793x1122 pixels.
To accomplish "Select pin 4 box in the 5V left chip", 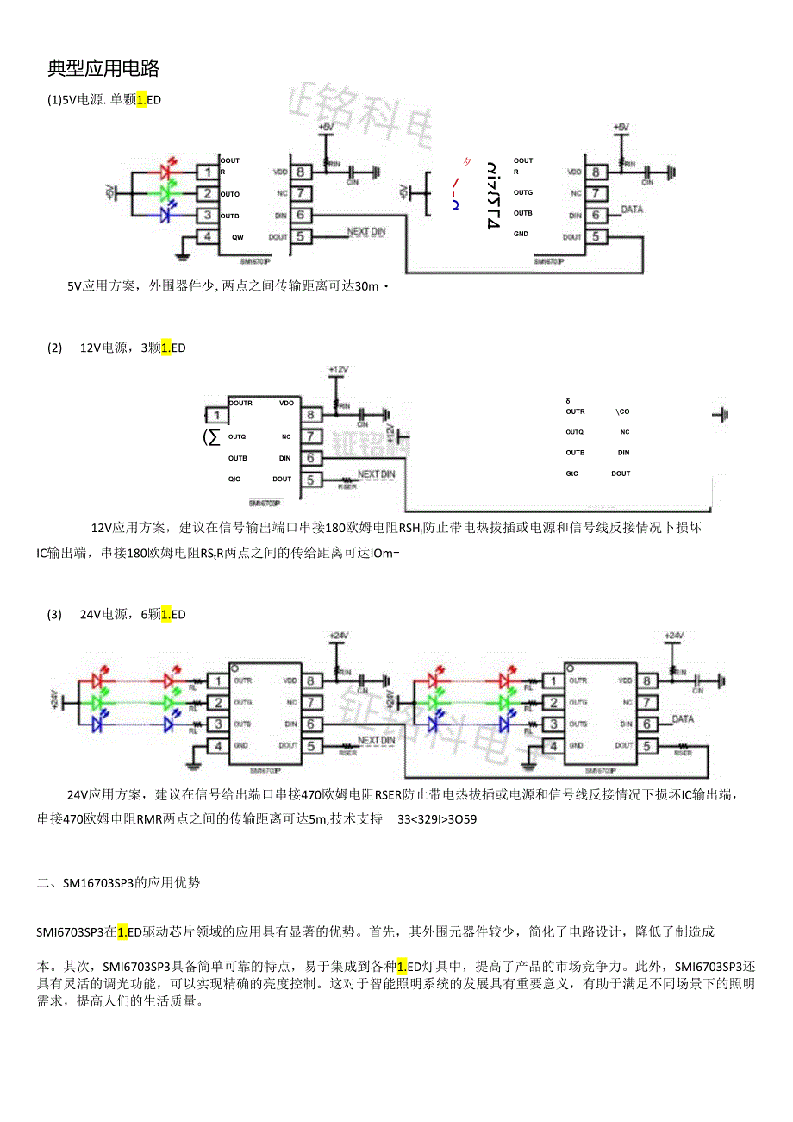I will pyautogui.click(x=207, y=237).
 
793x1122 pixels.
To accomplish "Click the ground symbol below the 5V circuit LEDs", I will pyautogui.click(x=182, y=254).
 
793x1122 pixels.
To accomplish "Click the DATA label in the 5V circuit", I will pyautogui.click(x=632, y=210).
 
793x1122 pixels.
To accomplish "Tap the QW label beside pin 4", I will pyautogui.click(x=237, y=236).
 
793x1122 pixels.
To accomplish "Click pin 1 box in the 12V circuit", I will pyautogui.click(x=216, y=416).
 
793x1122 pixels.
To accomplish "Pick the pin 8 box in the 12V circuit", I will pyautogui.click(x=310, y=415).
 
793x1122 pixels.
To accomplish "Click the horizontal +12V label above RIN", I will pyautogui.click(x=338, y=369).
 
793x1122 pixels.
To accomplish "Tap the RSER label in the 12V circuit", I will pyautogui.click(x=347, y=486).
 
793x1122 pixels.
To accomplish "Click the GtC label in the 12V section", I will pyautogui.click(x=572, y=473).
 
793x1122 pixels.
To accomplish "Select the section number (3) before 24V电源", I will pyautogui.click(x=55, y=615).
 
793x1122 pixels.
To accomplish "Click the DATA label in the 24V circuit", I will pyautogui.click(x=683, y=718).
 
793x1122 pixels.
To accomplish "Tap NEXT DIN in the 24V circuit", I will pyautogui.click(x=376, y=740).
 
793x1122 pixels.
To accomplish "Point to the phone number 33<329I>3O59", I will pyautogui.click(x=437, y=819).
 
